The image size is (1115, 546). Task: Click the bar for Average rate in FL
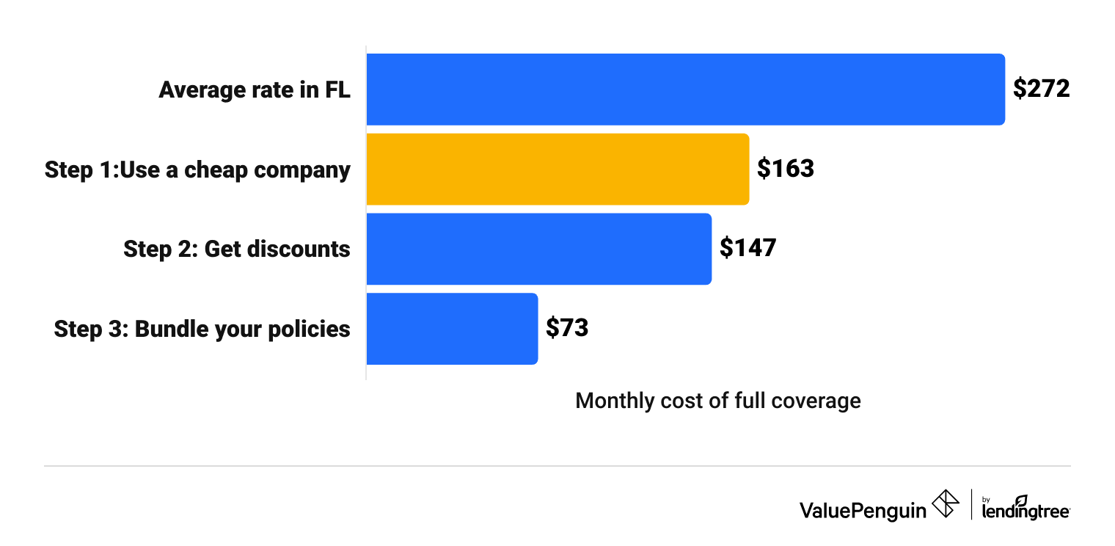pos(685,90)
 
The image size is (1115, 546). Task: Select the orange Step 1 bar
pos(557,170)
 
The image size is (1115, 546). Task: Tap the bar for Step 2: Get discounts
pos(538,249)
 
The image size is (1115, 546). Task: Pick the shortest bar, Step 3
pos(452,329)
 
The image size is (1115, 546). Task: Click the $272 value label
pos(1042,90)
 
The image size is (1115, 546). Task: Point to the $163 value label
pos(786,170)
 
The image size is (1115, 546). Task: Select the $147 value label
pos(747,249)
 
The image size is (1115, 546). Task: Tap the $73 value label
pos(567,328)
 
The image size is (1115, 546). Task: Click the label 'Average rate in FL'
pos(255,90)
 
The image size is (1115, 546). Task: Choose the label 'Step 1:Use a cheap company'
pos(197,170)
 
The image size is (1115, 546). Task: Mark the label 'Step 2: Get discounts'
pos(236,250)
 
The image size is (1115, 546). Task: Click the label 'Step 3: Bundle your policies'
pos(202,329)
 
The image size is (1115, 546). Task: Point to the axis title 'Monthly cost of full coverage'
pos(717,401)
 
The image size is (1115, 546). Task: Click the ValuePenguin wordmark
pos(863,509)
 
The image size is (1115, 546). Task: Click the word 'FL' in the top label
pos(337,90)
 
